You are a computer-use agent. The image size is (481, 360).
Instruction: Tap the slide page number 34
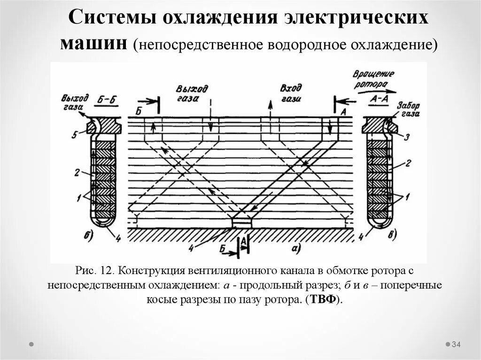tap(456, 345)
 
